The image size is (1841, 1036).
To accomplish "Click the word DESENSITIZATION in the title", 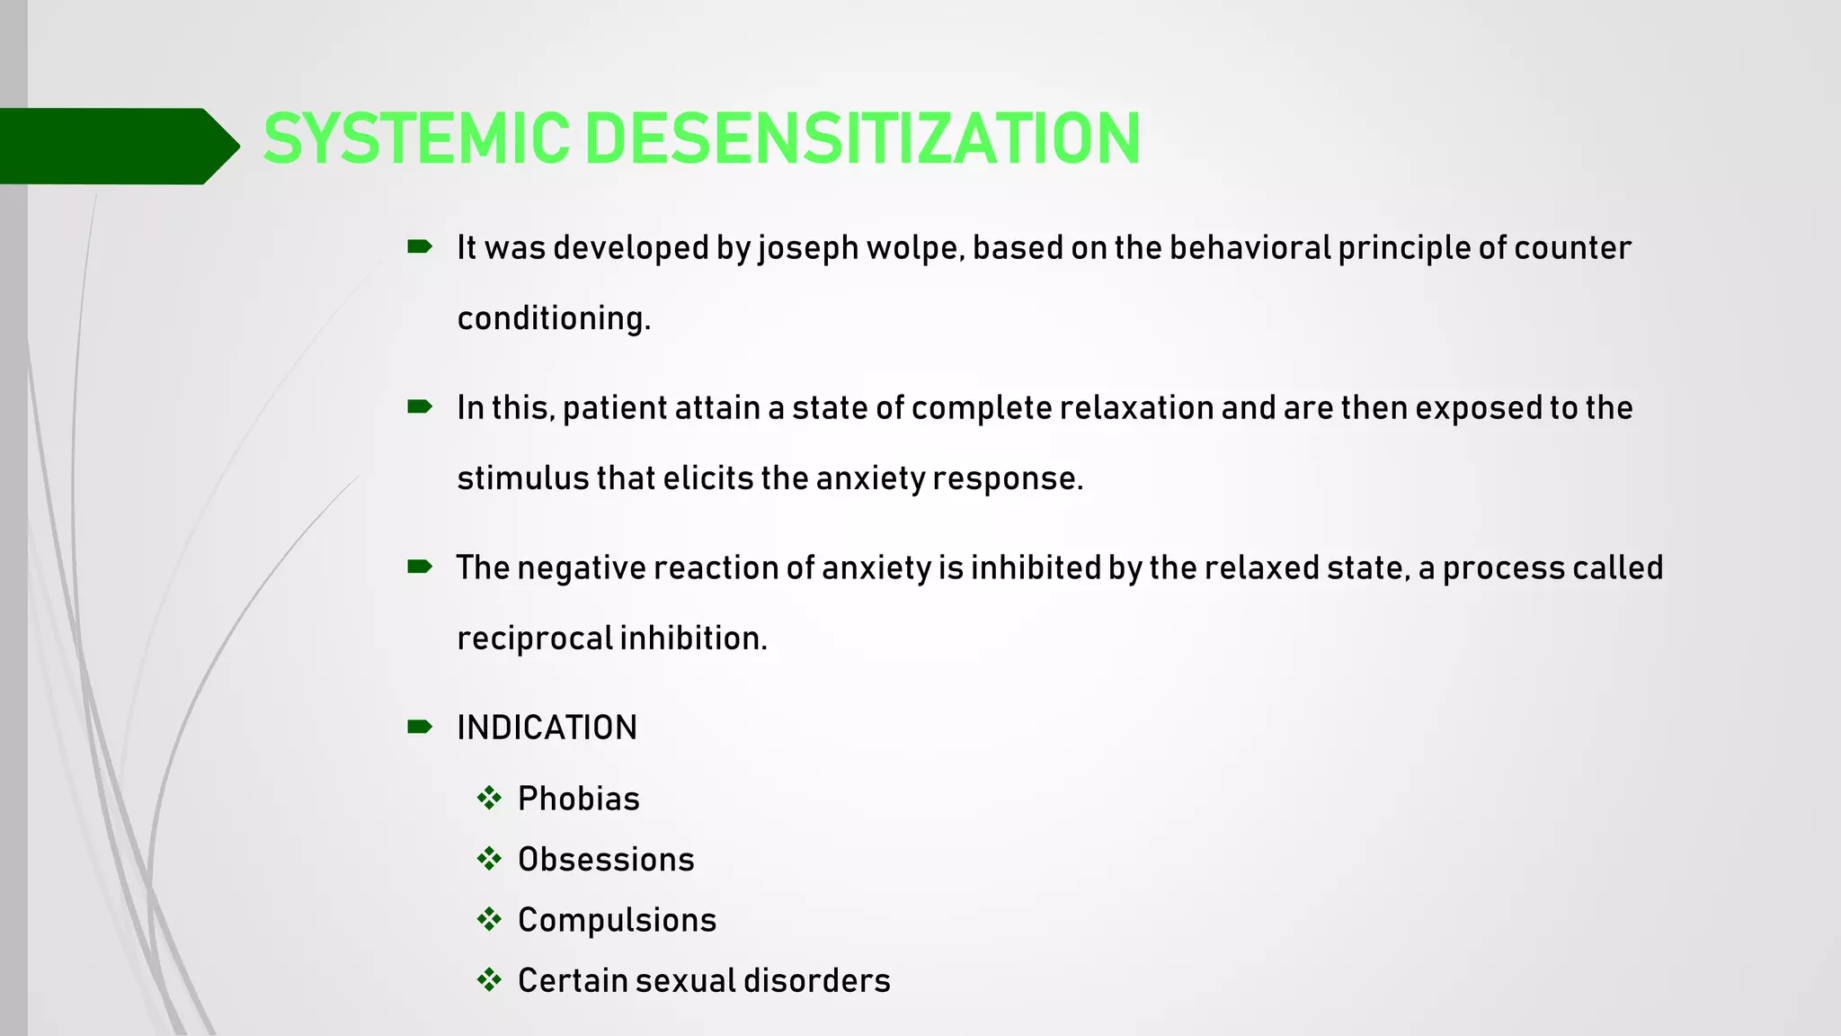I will [x=863, y=139].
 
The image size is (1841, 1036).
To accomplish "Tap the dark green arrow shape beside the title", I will [x=117, y=146].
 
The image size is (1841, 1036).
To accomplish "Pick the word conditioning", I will [x=553, y=319].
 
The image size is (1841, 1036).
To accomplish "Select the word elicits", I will [x=707, y=478].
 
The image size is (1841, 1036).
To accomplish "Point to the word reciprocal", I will [x=534, y=639].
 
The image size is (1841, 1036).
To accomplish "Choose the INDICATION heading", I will [x=547, y=728].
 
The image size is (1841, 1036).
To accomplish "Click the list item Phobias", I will [x=578, y=799].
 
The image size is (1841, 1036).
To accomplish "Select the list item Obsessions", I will [x=606, y=860].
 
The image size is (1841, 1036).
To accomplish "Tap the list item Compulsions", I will [x=617, y=920].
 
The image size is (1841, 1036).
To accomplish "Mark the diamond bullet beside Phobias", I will [x=489, y=798].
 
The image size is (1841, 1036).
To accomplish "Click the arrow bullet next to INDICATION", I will [x=420, y=727].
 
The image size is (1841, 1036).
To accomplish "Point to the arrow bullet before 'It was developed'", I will [x=420, y=246].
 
